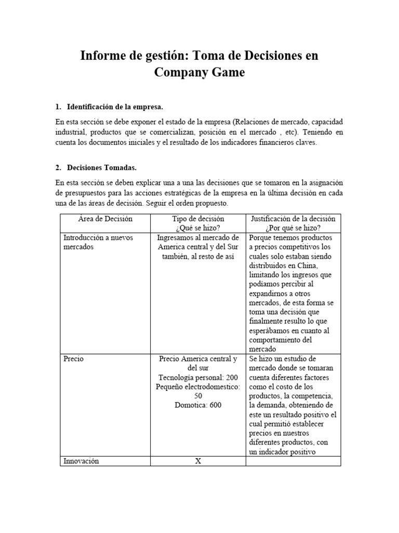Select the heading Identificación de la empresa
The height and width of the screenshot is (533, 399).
tap(115, 107)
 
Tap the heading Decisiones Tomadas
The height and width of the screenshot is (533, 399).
tap(102, 168)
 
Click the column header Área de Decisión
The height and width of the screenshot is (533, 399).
tap(105, 219)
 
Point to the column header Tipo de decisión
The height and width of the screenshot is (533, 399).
tap(198, 219)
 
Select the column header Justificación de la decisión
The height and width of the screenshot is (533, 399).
tap(293, 219)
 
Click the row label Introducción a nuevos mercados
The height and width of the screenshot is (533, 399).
tap(98, 242)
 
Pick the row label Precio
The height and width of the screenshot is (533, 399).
tap(74, 359)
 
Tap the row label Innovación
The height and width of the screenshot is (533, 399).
tap(81, 461)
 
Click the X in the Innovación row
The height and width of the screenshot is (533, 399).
tap(198, 461)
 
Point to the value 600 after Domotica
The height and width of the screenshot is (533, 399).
tap(213, 405)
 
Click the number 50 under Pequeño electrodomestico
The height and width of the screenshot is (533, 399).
tap(198, 396)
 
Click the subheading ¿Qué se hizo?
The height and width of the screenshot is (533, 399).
tap(198, 228)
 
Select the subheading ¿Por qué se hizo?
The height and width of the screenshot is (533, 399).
tap(293, 228)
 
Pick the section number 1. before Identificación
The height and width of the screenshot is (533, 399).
tap(58, 107)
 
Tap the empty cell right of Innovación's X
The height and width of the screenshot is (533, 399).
tap(293, 461)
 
